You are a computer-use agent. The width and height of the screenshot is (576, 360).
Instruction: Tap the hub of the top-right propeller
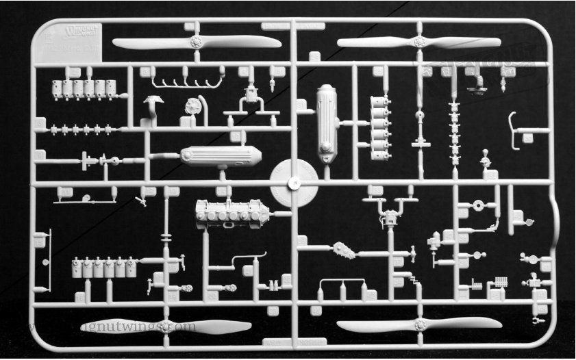(x=419, y=42)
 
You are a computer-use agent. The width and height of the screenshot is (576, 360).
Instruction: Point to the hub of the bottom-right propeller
(x=420, y=325)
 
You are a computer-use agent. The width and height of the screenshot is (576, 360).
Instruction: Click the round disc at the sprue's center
(x=292, y=182)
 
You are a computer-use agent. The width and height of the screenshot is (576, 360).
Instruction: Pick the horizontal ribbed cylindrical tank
(x=220, y=156)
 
